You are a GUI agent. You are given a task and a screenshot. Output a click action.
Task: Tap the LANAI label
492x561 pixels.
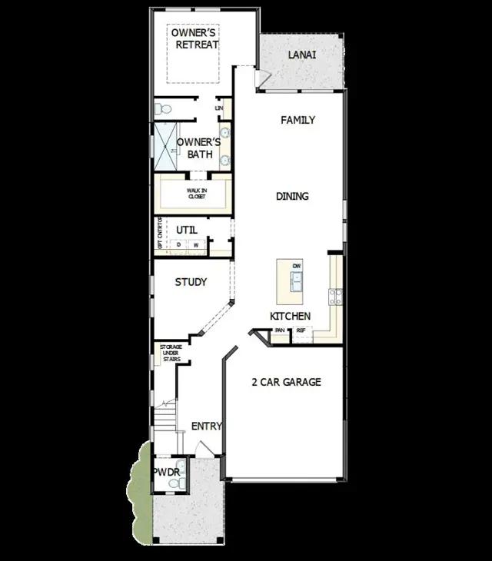(302, 55)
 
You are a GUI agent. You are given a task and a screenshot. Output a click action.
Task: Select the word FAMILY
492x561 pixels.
(298, 121)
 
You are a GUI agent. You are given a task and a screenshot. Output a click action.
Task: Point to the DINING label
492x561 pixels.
(292, 197)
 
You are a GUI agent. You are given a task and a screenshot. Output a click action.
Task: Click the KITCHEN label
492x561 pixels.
(290, 317)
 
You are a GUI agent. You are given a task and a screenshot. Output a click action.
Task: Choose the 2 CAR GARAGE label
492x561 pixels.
(286, 382)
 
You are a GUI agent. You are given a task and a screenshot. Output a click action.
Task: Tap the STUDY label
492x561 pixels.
(191, 282)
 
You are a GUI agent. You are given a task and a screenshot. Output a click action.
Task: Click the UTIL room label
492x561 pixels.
(187, 230)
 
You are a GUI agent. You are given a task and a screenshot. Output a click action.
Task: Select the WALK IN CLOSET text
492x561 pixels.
(197, 193)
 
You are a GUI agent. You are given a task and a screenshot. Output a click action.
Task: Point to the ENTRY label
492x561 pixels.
(206, 427)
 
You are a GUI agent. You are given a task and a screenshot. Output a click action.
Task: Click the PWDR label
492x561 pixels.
(165, 471)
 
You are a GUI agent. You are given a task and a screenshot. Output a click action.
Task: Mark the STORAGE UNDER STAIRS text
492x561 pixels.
(170, 353)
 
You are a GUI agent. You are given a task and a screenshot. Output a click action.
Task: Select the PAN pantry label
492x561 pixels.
(280, 330)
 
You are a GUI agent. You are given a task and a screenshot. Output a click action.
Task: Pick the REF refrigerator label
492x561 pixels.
(301, 330)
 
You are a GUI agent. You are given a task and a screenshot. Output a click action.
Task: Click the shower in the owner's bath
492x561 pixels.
(165, 147)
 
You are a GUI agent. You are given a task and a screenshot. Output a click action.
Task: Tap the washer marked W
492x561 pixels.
(195, 245)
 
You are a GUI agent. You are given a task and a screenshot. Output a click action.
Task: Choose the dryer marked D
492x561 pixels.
(179, 245)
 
